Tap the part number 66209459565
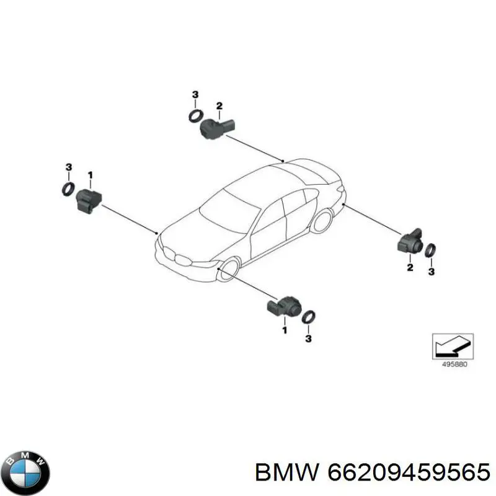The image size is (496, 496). pyautogui.click(x=409, y=472)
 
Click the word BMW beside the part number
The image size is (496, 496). pyautogui.click(x=287, y=472)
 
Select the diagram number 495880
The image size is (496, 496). pyautogui.click(x=454, y=364)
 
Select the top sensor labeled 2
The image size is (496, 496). pyautogui.click(x=217, y=128)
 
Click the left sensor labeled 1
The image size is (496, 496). pyautogui.click(x=89, y=200)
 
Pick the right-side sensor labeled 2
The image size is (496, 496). pyautogui.click(x=410, y=242)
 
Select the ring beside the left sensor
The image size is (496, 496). pyautogui.click(x=68, y=189)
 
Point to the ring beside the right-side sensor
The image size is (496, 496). pyautogui.click(x=430, y=250)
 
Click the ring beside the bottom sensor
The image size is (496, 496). pyautogui.click(x=308, y=317)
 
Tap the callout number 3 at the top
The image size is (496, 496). pyautogui.click(x=195, y=94)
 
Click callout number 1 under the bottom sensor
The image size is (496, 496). pyautogui.click(x=285, y=330)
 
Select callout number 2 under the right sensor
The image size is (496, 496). pyautogui.click(x=410, y=267)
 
